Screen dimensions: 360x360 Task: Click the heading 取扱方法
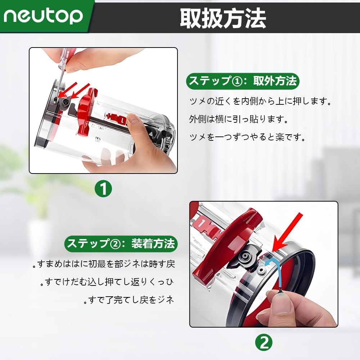coord(223,18)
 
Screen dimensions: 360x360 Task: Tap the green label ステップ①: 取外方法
coord(243,81)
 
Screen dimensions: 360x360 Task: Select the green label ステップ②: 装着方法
coord(121,244)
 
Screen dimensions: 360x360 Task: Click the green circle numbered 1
coord(103,189)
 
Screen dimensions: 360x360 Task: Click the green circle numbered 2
coord(264,343)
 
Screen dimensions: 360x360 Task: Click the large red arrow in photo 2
coord(287,232)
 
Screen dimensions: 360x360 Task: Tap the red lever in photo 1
coord(86,111)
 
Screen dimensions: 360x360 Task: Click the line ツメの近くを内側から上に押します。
coord(260,101)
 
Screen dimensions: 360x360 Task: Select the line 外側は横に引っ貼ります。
coord(238,119)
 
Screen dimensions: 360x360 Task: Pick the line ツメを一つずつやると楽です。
coord(247,137)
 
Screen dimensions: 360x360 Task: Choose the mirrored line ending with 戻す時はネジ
coord(104,264)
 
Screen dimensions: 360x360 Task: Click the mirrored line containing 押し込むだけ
coord(107,282)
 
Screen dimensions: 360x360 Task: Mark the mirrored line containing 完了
coord(129,300)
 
